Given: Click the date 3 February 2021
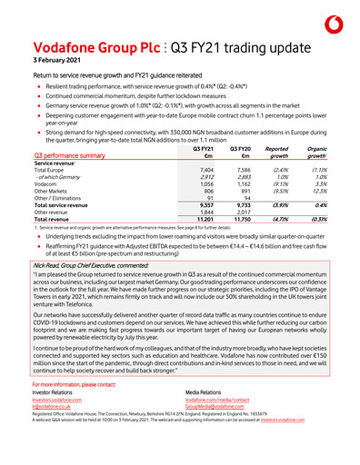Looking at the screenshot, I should tap(55, 58).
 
